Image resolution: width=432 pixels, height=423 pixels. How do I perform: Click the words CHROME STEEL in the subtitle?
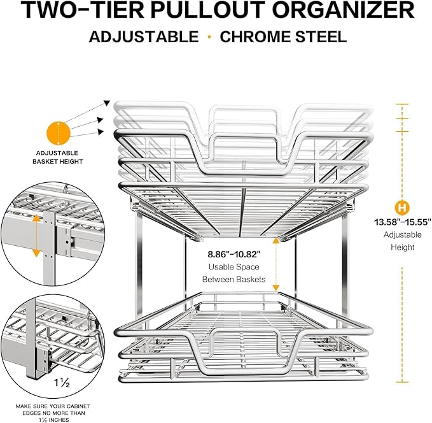283,36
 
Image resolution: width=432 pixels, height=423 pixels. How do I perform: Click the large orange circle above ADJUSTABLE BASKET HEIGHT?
58,133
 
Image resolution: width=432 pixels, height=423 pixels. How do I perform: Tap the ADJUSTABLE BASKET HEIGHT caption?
57,157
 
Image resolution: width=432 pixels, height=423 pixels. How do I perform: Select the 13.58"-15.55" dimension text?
403,222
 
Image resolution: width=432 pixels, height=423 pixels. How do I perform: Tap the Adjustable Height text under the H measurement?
403,241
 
